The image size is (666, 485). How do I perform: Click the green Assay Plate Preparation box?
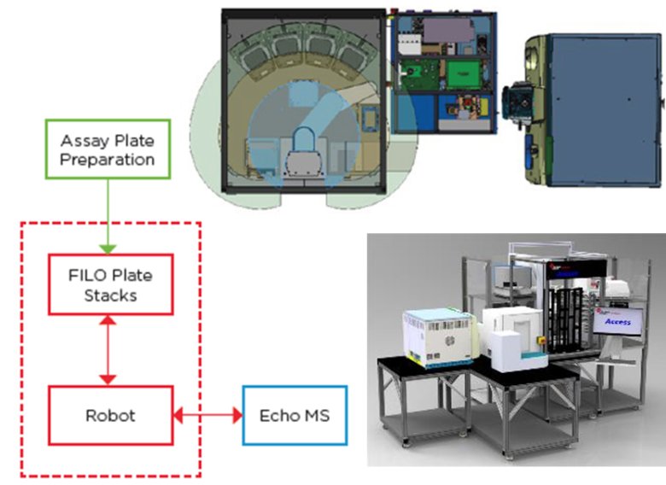click(108, 149)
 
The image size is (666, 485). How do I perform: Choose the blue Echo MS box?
click(295, 415)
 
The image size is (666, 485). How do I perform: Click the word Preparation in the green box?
click(108, 160)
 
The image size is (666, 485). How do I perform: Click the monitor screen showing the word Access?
click(619, 321)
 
